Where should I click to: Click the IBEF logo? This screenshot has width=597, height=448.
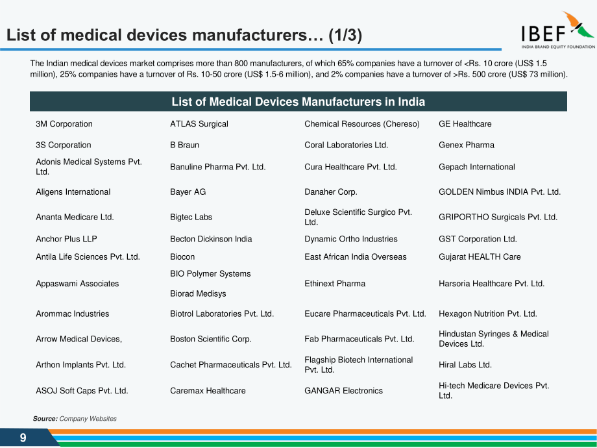pyautogui.click(x=558, y=30)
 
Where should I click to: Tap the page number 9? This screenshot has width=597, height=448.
pyautogui.click(x=23, y=438)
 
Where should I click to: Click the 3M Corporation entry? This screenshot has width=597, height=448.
pyautogui.click(x=64, y=124)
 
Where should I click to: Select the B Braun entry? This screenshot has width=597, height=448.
pyautogui.click(x=185, y=145)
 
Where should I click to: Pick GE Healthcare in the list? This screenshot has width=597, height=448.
pyautogui.click(x=465, y=124)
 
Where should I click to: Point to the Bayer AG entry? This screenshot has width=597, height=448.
pyautogui.click(x=188, y=192)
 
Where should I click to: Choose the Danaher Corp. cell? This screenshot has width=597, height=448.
pyautogui.click(x=331, y=192)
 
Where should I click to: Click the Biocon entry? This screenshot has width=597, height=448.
pyautogui.click(x=182, y=256)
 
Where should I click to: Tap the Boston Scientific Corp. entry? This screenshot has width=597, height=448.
pyautogui.click(x=210, y=339)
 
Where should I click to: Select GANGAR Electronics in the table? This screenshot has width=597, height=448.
pyautogui.click(x=343, y=391)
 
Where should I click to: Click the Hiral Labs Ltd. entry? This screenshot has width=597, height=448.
pyautogui.click(x=465, y=365)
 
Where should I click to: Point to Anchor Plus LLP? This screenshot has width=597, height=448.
pyautogui.click(x=66, y=239)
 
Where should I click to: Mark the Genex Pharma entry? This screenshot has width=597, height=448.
pyautogui.click(x=467, y=145)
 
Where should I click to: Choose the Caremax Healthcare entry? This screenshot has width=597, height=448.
pyautogui.click(x=208, y=391)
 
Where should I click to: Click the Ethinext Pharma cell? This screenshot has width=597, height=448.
pyautogui.click(x=335, y=284)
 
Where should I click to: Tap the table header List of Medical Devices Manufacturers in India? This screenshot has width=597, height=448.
pyautogui.click(x=298, y=102)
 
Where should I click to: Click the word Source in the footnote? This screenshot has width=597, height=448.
pyautogui.click(x=45, y=419)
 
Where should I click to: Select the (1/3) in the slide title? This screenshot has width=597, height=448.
pyautogui.click(x=345, y=35)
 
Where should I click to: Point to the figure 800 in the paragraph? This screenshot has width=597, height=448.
pyautogui.click(x=241, y=63)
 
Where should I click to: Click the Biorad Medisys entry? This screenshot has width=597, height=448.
pyautogui.click(x=198, y=293)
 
